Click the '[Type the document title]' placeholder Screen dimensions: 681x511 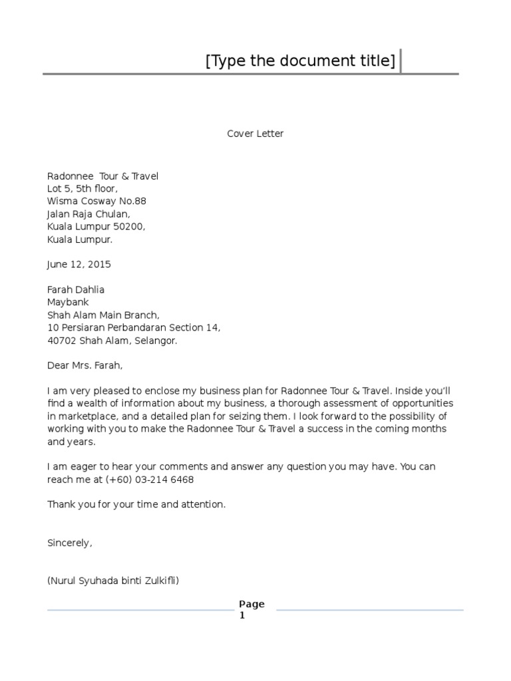point(300,61)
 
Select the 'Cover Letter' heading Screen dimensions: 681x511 point(255,134)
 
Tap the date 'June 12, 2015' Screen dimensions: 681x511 point(79,264)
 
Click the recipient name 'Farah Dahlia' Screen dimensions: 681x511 point(76,290)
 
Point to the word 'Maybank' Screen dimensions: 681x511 point(68,303)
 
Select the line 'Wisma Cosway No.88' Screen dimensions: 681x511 point(96,202)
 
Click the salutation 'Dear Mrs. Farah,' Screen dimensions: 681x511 point(85,366)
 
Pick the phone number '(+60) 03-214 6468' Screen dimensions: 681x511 point(152,479)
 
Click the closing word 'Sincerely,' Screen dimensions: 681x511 point(70,543)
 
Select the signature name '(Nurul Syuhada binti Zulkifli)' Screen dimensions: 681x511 point(113,581)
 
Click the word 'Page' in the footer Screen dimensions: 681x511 point(252,604)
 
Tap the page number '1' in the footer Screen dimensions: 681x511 point(242,616)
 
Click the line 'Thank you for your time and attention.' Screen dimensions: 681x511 point(136,505)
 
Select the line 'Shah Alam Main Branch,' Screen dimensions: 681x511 point(103,315)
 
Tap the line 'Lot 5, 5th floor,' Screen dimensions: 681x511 point(83,189)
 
